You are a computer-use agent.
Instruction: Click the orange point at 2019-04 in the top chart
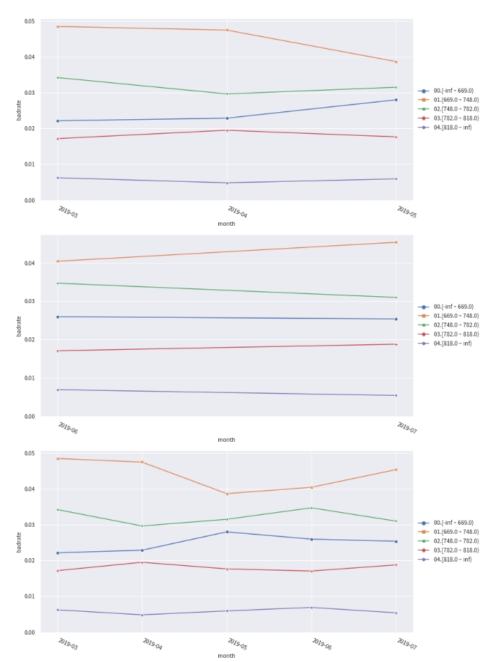click(x=227, y=30)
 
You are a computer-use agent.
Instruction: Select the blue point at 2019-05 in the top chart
click(x=396, y=100)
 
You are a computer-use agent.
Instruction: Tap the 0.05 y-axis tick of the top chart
click(x=29, y=22)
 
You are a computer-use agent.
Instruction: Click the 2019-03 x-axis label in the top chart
click(x=68, y=212)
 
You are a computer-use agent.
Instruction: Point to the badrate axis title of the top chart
click(x=19, y=111)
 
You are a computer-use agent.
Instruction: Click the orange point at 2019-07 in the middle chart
click(x=396, y=243)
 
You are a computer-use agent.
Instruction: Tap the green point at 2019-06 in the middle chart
click(x=57, y=283)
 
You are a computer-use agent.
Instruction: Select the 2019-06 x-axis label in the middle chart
click(x=68, y=428)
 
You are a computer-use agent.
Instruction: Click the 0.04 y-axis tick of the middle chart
click(x=29, y=263)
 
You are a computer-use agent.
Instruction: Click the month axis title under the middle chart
click(x=227, y=440)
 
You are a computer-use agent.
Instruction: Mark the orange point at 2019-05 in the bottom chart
click(x=227, y=493)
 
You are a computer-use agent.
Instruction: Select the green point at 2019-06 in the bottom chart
click(x=312, y=508)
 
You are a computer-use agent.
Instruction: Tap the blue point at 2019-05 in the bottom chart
click(x=227, y=532)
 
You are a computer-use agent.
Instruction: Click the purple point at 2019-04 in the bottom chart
click(x=142, y=615)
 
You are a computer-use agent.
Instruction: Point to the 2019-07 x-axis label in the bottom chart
click(x=407, y=644)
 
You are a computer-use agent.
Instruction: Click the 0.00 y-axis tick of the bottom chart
click(x=29, y=632)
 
